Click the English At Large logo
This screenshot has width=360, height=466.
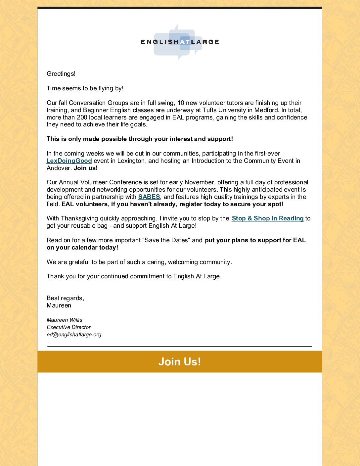click(x=180, y=42)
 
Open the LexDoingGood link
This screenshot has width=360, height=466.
click(x=69, y=161)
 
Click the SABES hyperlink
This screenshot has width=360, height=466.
click(x=149, y=197)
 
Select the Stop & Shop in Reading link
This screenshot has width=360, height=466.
click(x=268, y=218)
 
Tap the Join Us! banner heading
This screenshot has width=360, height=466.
click(x=180, y=361)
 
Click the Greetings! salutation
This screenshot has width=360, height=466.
click(x=61, y=74)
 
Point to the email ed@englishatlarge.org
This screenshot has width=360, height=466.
click(x=74, y=335)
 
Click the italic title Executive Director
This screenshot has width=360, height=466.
click(x=69, y=327)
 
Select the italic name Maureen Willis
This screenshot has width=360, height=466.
click(x=65, y=320)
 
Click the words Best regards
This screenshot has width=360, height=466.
click(x=65, y=298)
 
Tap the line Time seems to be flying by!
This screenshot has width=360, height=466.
click(x=85, y=88)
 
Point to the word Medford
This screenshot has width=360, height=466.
click(x=266, y=110)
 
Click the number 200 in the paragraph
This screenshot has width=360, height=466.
click(x=82, y=117)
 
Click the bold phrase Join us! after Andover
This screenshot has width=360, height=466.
click(x=86, y=168)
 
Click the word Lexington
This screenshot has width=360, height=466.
click(x=131, y=161)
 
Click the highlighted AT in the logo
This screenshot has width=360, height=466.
click(x=185, y=42)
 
